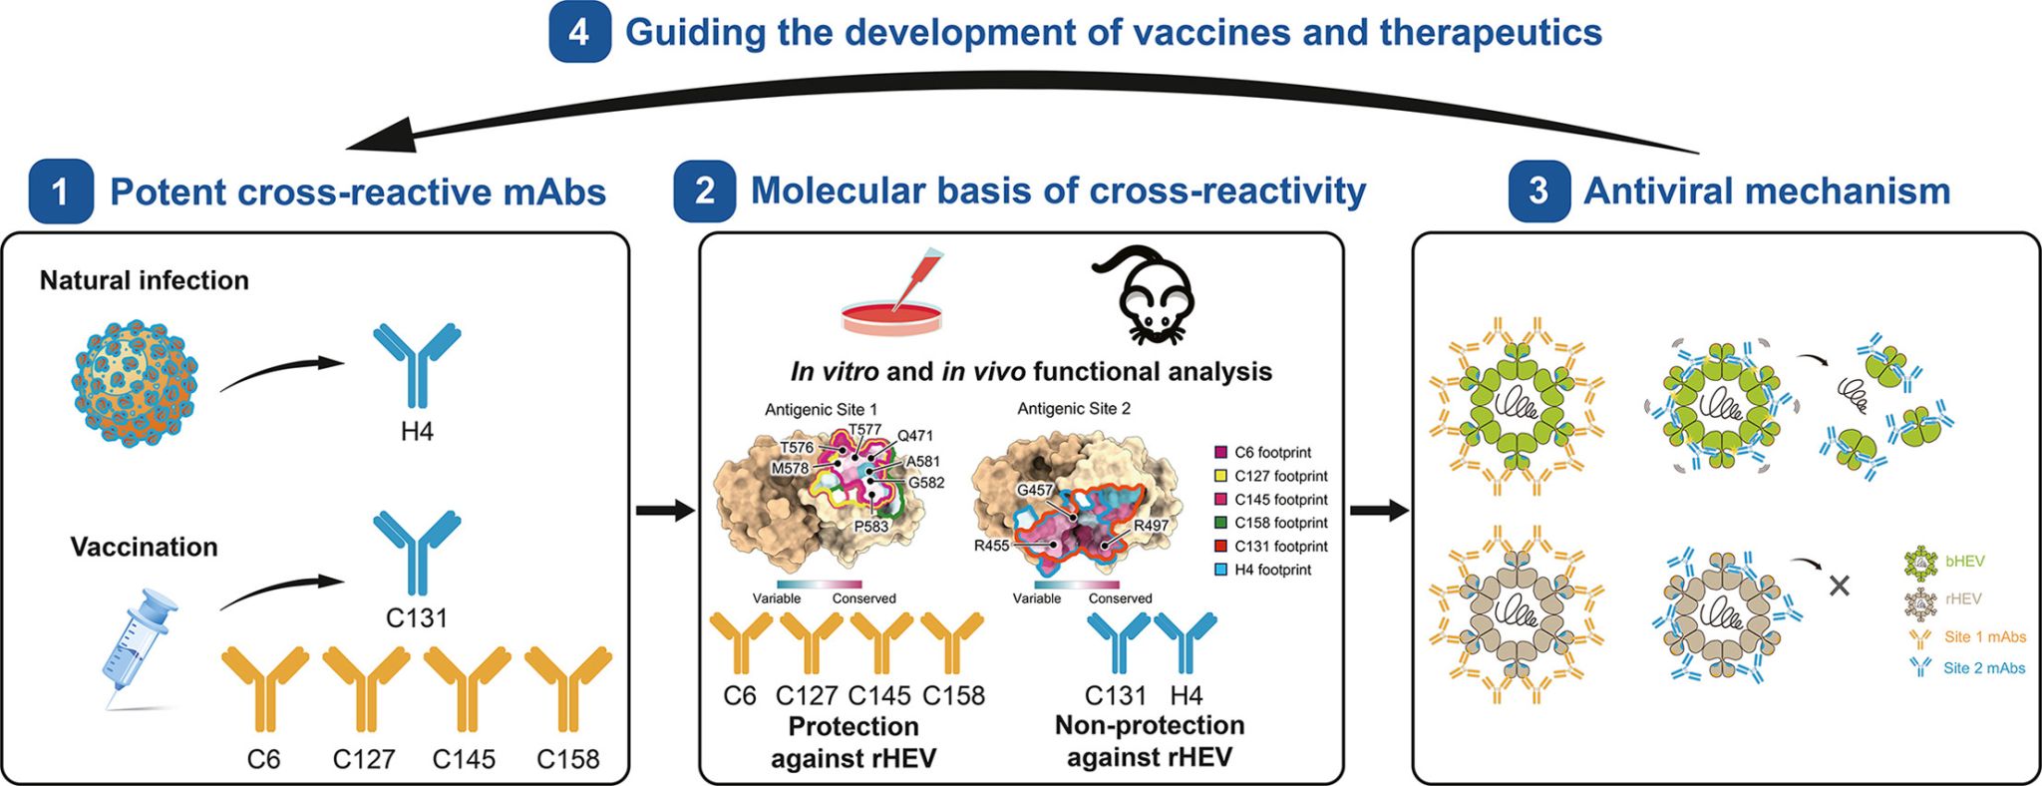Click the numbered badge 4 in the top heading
click(x=579, y=33)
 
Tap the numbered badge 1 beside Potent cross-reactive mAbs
click(x=61, y=191)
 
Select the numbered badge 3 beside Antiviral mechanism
click(x=1538, y=190)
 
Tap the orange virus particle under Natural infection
click(x=136, y=383)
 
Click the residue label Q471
click(x=914, y=436)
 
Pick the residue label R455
click(x=991, y=546)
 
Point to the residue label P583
click(x=870, y=526)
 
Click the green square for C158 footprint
click(x=1221, y=523)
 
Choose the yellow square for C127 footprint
click(x=1221, y=476)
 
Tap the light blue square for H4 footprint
click(x=1221, y=570)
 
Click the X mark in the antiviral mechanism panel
click(x=1840, y=586)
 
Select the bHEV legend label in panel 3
click(x=1964, y=562)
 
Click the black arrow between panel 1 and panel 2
click(x=664, y=512)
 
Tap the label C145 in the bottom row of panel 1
click(x=464, y=759)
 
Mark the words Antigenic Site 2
click(x=1074, y=409)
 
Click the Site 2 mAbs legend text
click(x=1983, y=668)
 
